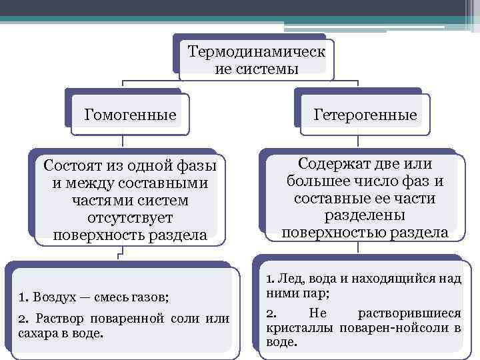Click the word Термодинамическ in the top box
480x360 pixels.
click(x=257, y=52)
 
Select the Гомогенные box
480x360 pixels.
click(x=131, y=115)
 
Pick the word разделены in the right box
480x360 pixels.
click(x=365, y=215)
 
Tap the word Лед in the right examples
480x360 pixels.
click(x=287, y=277)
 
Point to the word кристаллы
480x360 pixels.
click(x=291, y=328)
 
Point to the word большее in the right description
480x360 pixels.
click(x=315, y=181)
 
